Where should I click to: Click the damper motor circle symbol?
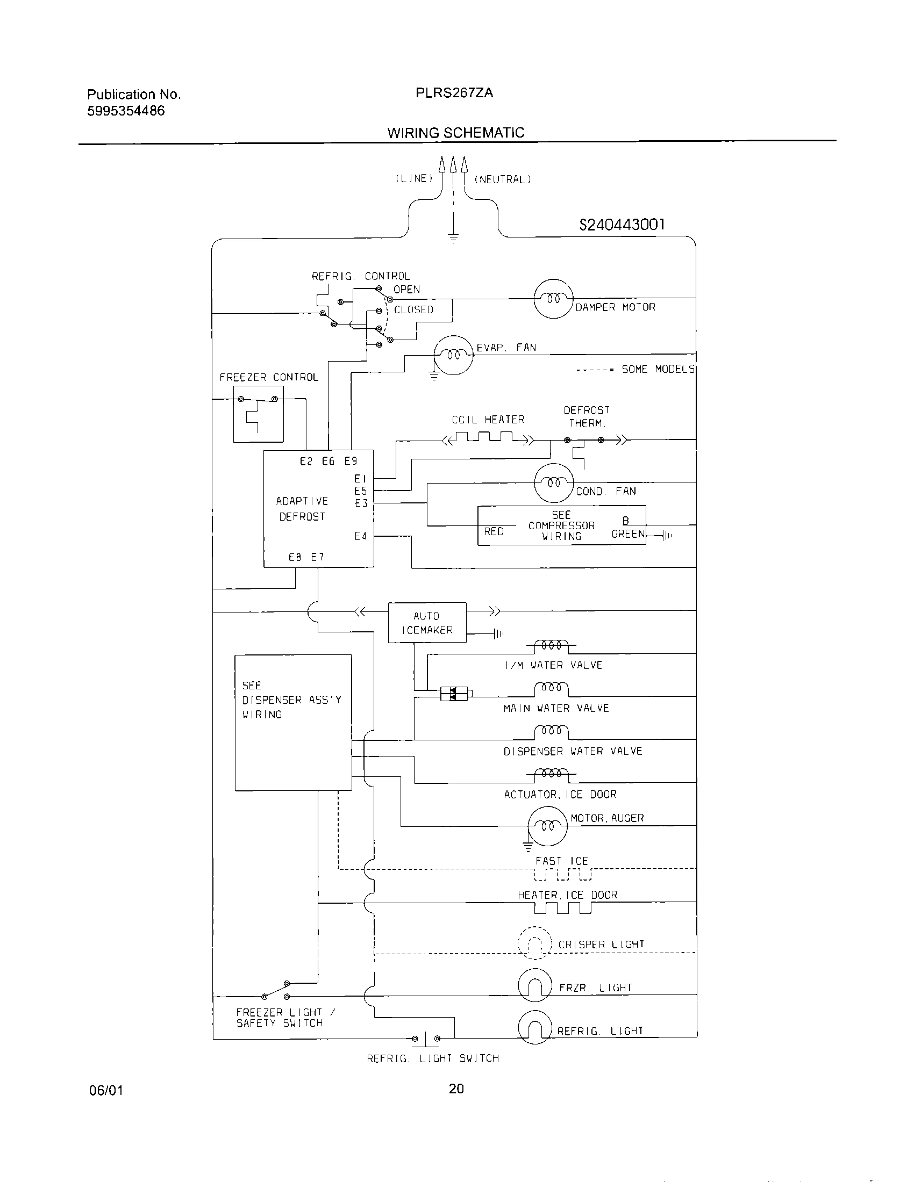553,299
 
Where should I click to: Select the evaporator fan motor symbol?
454,355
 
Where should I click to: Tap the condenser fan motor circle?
553,483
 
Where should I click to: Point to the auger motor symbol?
547,826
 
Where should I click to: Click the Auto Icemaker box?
427,622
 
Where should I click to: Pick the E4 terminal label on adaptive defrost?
361,536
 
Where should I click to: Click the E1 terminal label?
361,478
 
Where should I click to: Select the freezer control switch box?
258,414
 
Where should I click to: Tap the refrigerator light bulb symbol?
534,1027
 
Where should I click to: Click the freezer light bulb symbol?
534,985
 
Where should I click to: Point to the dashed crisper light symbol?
534,943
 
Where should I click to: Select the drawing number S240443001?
622,225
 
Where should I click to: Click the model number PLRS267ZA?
454,93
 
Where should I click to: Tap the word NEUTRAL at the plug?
503,179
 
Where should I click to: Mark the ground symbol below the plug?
453,237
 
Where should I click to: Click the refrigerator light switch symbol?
426,1039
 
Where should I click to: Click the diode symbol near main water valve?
454,694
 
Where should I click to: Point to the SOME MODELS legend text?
658,369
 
